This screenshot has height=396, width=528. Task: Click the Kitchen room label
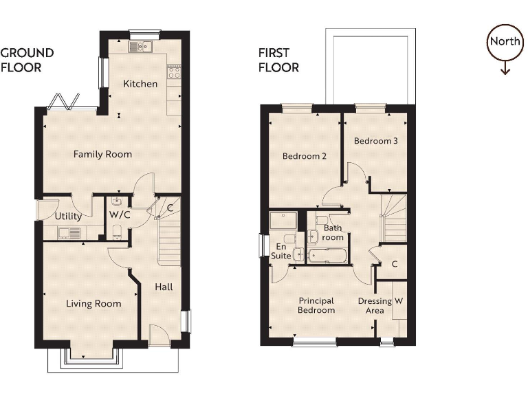[140, 84]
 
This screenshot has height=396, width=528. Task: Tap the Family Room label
[102, 154]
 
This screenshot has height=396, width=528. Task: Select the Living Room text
[93, 303]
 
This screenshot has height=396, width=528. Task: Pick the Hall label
[164, 287]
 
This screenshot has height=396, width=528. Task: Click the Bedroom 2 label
[304, 156]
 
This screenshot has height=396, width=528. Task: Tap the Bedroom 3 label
[375, 140]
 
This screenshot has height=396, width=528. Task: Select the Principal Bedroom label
[316, 305]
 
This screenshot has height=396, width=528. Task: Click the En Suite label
[280, 251]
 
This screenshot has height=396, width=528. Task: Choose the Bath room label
[333, 232]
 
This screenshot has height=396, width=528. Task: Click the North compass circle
[505, 41]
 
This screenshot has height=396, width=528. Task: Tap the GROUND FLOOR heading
[27, 60]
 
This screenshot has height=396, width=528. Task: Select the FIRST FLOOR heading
[278, 60]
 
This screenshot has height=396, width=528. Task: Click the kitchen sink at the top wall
[140, 47]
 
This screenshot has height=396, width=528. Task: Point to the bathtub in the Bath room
[328, 256]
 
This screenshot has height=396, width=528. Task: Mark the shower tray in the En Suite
[282, 220]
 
